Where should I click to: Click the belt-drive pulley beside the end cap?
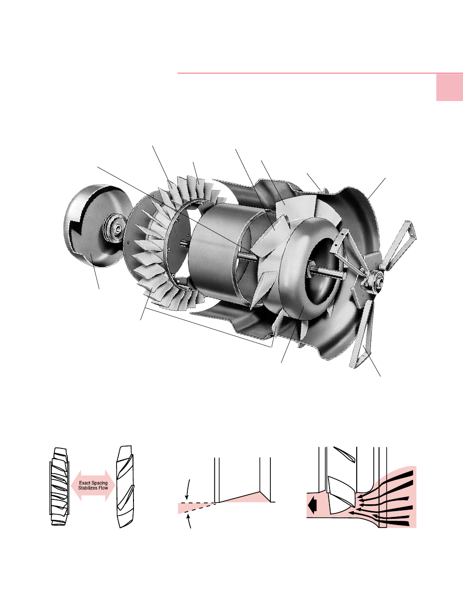(115, 228)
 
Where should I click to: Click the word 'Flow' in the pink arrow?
(103, 488)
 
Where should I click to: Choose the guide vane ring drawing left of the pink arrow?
(59, 486)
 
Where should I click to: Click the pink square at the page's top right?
(449, 87)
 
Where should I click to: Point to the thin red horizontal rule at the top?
(306, 73)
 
